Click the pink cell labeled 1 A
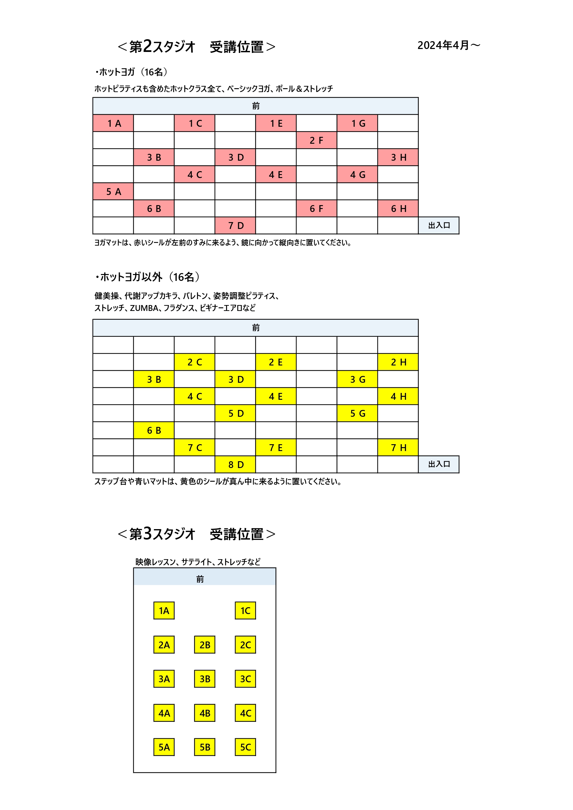coord(113,123)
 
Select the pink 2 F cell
coord(317,140)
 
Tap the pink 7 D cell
coord(235,225)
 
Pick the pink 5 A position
coord(113,192)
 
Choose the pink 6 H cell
coord(398,208)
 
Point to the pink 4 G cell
coord(357,174)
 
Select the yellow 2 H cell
coord(398,362)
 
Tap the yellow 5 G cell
coord(357,413)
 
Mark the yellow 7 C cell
coord(194,447)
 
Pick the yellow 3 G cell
coord(357,379)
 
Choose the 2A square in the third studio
coord(164,644)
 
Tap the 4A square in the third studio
coord(164,713)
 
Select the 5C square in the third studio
coord(245,747)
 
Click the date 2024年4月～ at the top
coord(449,45)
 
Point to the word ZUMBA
coord(144,308)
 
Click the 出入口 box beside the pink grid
coord(439,225)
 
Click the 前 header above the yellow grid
coord(256,328)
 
